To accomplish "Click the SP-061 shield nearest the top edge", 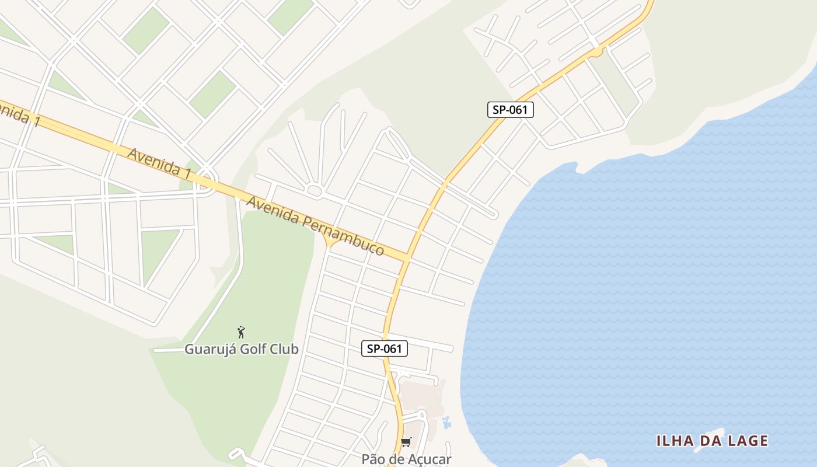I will click(x=510, y=109).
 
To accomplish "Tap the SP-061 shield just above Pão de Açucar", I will click(x=384, y=348).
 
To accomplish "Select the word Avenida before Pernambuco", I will click(x=274, y=211).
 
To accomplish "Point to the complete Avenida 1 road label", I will click(x=159, y=163).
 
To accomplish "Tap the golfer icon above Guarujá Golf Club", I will click(x=241, y=332).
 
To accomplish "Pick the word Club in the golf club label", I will click(x=286, y=349).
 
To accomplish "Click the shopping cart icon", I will click(x=406, y=442).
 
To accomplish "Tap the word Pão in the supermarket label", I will click(x=374, y=459).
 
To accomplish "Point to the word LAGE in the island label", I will click(x=746, y=441).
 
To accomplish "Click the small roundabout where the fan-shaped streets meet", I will click(x=314, y=190).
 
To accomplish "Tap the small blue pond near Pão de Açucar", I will click(x=447, y=422).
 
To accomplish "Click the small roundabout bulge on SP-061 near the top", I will click(x=596, y=52).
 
